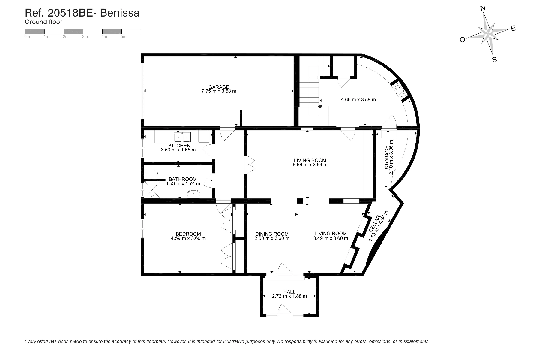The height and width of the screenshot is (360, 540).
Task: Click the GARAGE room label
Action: pos(219,87)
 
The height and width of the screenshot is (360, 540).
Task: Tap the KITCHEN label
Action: pos(179,146)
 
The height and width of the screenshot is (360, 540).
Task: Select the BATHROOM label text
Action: pos(183,179)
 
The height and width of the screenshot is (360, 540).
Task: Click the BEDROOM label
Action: pos(188,234)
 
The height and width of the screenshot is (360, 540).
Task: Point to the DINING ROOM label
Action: pos(272,234)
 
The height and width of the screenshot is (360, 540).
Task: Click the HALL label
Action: pos(289,292)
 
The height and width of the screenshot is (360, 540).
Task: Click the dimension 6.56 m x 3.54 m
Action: pos(310,165)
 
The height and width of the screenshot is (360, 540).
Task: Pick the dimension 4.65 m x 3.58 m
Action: pos(358,99)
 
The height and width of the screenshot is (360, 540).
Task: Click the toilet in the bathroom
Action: pos(151,173)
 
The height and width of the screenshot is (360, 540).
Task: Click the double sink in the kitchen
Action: pos(183,137)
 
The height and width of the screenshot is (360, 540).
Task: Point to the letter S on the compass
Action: pos(495,60)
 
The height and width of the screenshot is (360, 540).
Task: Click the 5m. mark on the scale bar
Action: pos(124,37)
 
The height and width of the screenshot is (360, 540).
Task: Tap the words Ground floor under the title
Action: pos(43,22)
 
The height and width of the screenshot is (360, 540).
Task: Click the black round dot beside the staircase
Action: pos(320,106)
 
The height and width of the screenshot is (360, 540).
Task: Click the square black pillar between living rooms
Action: pos(300,201)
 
